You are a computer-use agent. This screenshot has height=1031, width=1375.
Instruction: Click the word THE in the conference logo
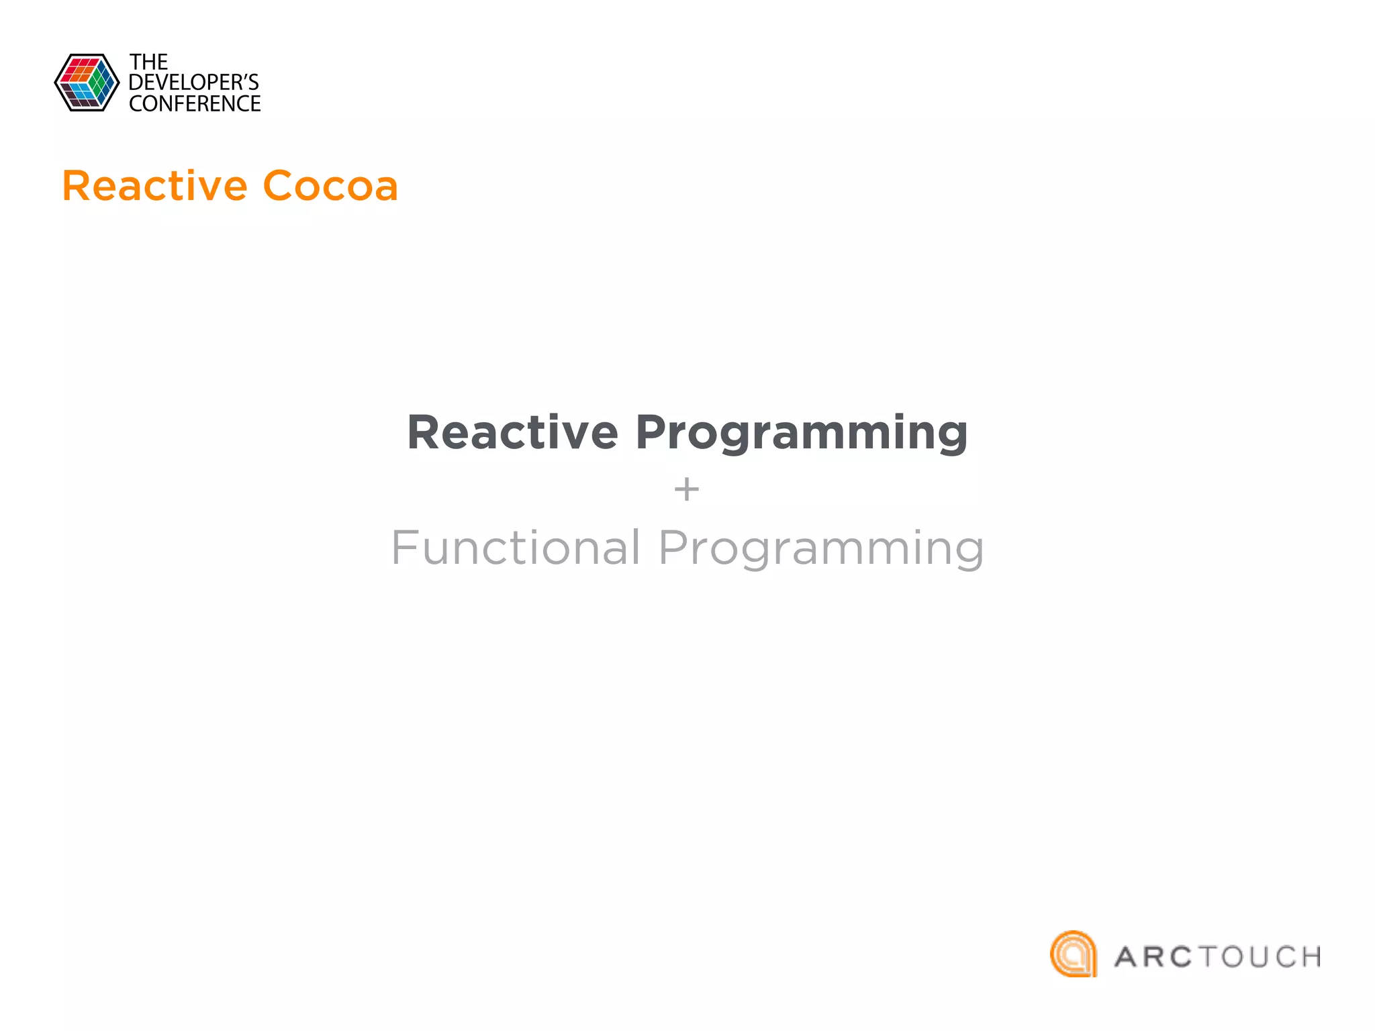[x=148, y=62]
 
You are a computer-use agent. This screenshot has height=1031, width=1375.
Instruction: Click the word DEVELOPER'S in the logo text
[x=193, y=83]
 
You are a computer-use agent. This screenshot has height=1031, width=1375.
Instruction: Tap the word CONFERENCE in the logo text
[x=195, y=104]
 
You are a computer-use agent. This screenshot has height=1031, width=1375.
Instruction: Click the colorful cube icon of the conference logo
[x=87, y=83]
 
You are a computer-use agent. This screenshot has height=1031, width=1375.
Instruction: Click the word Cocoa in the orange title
[x=330, y=186]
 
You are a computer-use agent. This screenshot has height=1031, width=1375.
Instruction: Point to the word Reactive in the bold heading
[x=512, y=432]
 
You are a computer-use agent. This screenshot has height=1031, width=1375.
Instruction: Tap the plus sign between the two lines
[x=686, y=489]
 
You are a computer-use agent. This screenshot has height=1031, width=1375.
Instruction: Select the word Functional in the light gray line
[x=516, y=548]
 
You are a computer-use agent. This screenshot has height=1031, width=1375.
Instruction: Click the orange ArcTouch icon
[x=1074, y=954]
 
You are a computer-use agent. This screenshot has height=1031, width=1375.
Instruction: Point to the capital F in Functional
[x=405, y=548]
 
